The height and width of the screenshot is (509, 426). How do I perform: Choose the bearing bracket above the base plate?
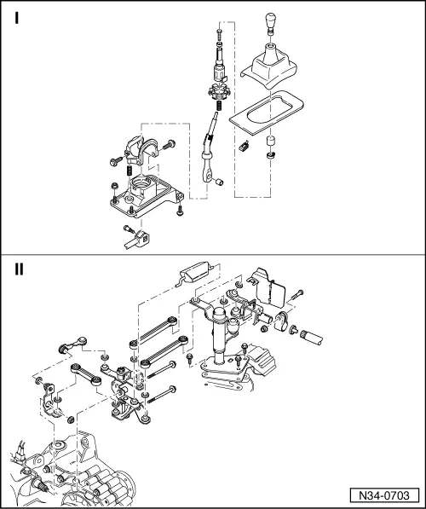(138, 148)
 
